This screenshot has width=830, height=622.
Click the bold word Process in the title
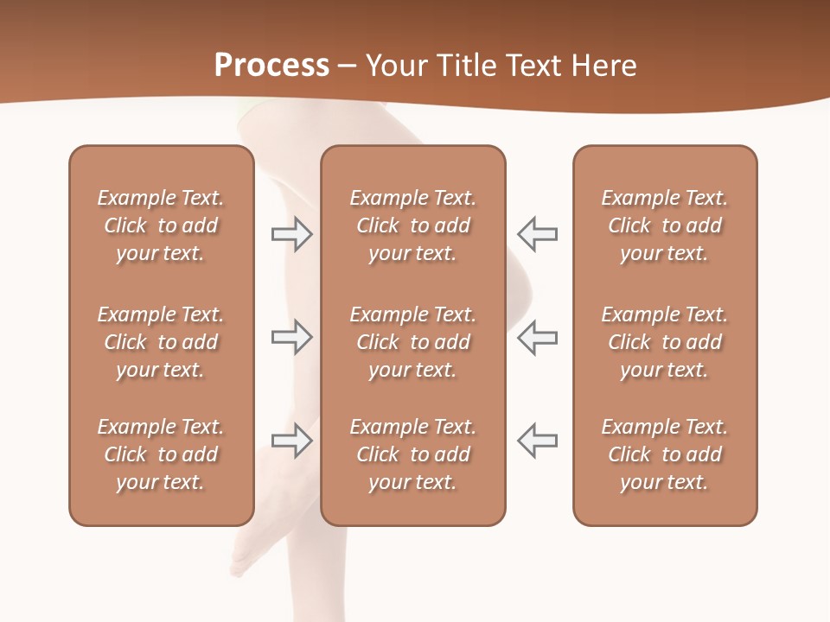point(271,66)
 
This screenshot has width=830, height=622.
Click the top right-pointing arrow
point(291,234)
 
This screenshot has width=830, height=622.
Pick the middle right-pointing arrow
point(291,337)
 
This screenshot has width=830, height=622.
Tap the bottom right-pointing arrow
point(291,441)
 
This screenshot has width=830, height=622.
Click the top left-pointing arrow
point(538,234)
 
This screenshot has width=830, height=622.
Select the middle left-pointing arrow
point(538,337)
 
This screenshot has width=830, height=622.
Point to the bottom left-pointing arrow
point(538,441)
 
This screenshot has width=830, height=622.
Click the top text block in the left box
point(161,225)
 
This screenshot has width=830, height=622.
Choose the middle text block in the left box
point(161,342)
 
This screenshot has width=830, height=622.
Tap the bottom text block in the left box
point(161,454)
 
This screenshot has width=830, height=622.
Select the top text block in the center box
point(413,225)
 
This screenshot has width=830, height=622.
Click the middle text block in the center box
point(413,342)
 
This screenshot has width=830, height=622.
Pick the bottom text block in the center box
point(413,454)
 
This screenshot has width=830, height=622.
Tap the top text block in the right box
point(665,225)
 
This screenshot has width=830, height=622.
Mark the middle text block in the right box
point(665,342)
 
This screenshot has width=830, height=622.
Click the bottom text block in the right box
point(665,454)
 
